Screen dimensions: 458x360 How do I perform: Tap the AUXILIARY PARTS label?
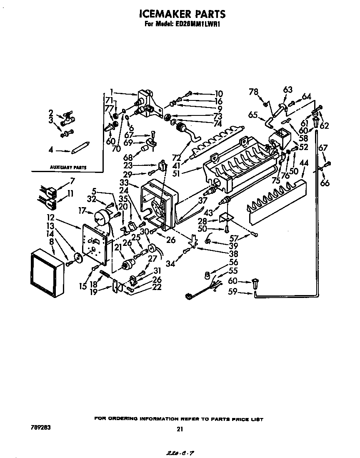click(x=68, y=167)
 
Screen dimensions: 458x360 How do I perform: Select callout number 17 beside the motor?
click(x=82, y=211)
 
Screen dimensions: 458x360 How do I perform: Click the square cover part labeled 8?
click(x=47, y=272)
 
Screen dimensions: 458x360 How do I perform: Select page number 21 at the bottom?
click(x=180, y=428)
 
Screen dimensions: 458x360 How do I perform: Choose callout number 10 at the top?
click(x=219, y=93)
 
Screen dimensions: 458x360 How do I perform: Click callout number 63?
click(x=287, y=90)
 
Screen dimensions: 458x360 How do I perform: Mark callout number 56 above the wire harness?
click(x=233, y=262)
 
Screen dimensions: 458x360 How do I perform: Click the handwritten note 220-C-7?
click(x=178, y=452)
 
